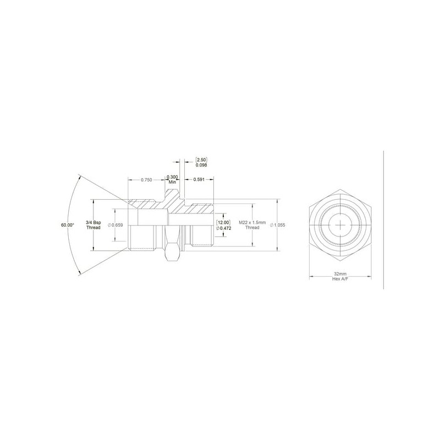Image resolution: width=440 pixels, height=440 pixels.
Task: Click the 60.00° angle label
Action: point(68,225)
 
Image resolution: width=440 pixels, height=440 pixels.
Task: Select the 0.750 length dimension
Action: point(146,180)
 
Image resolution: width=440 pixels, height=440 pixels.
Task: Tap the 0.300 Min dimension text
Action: point(172,179)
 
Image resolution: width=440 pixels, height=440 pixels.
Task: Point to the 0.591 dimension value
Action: point(199,180)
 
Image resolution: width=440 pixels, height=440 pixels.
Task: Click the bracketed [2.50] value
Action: point(201,160)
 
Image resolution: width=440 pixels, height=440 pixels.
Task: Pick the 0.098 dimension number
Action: point(201,165)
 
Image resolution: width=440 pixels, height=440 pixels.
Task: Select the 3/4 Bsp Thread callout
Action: point(94,225)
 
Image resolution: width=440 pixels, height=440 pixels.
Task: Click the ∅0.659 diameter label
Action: point(116,225)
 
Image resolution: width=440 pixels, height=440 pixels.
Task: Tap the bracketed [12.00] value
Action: point(223,223)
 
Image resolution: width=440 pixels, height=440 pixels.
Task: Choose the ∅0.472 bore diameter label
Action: point(224,228)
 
